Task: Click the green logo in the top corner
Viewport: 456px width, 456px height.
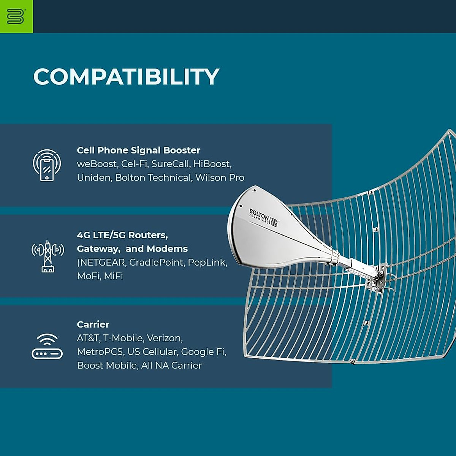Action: pos(16,16)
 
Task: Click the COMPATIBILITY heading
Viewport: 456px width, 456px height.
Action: pos(126,76)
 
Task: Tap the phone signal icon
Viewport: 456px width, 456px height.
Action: pos(47,165)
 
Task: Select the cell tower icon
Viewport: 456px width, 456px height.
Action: pos(47,256)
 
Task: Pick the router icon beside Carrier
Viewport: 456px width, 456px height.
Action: pos(47,347)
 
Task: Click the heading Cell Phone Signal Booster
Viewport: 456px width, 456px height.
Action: pos(138,150)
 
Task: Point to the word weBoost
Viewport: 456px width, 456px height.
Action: pos(97,164)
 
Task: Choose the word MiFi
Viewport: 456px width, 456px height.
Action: pos(113,276)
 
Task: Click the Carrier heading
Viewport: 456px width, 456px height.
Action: pos(93,324)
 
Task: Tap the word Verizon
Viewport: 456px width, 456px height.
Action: pos(165,338)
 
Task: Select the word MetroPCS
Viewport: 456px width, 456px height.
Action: pos(100,351)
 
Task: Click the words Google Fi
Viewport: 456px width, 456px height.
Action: pos(203,351)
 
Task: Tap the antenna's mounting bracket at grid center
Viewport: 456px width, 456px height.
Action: pos(378,279)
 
